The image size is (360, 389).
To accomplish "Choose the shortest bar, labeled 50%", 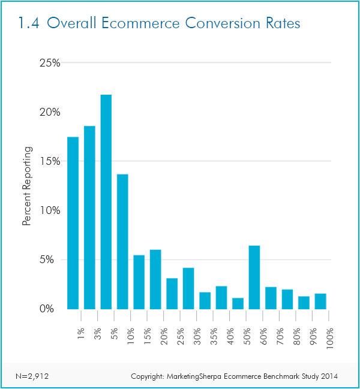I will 238,303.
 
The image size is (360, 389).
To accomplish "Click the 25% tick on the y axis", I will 49,63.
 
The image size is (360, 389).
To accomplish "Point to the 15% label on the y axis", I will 49,161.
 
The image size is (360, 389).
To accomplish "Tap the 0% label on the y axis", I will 51,309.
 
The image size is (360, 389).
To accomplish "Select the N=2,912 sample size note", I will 31,376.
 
